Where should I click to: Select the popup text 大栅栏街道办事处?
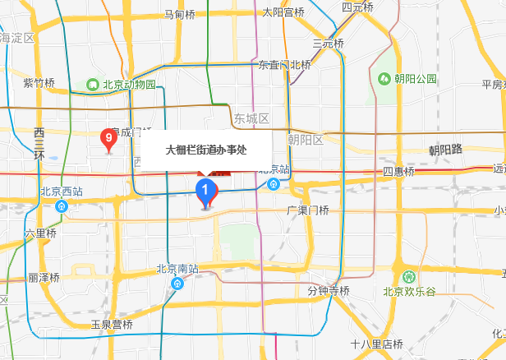pos(206,150)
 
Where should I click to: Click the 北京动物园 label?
pos(129,84)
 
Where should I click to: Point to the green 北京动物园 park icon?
pos(94,84)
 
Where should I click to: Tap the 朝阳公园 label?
pos(415,79)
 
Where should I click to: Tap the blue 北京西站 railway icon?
pos(62,205)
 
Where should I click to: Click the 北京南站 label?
pos(178,269)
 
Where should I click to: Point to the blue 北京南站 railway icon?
pos(177,283)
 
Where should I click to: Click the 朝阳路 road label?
pos(446,150)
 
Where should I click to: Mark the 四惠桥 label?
pos(399,172)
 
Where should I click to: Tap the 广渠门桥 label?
pos(307,210)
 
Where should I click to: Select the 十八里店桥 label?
pos(376,344)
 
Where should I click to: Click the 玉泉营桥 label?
pos(112,325)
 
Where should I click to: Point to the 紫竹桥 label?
pos(39,83)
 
